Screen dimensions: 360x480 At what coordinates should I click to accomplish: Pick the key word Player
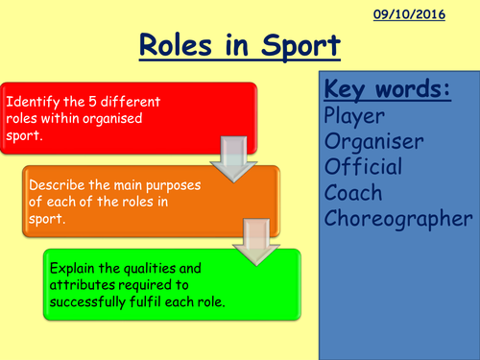355,117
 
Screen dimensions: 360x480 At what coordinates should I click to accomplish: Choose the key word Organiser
374,143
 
